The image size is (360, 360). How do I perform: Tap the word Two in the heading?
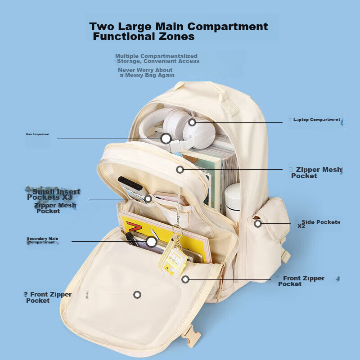[x=102, y=27]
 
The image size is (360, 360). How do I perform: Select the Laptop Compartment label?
[x=316, y=120]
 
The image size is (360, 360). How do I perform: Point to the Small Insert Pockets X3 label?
[x=53, y=194]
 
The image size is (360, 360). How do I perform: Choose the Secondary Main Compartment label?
[x=42, y=240]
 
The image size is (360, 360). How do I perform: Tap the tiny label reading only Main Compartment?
[x=37, y=134]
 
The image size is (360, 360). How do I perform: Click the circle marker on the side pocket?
[x=258, y=223]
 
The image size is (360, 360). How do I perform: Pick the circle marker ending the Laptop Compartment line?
[x=192, y=122]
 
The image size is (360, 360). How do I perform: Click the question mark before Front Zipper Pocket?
[x=26, y=294]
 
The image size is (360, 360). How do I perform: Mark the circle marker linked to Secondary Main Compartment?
[x=151, y=242]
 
